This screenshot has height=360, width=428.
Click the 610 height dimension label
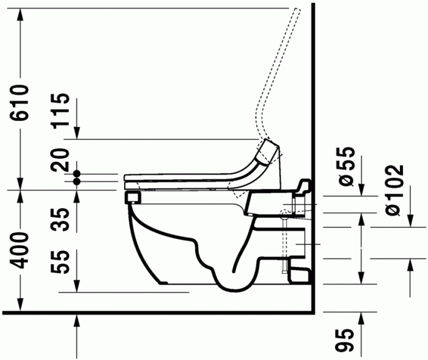(20, 103)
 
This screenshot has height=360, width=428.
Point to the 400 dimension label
(20, 251)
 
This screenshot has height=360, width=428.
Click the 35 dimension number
(60, 216)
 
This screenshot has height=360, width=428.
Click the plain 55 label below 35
(60, 261)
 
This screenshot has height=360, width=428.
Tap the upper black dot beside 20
(77, 174)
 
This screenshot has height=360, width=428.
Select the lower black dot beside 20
(77, 181)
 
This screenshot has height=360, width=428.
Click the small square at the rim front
(130, 197)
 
